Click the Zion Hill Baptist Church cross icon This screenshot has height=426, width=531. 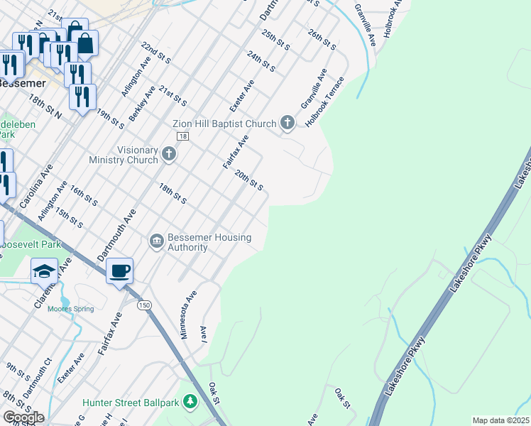tap(288, 124)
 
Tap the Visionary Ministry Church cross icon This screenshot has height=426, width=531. tap(168, 153)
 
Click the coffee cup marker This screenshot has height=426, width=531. tap(119, 271)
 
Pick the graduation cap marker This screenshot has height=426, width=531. tap(44, 271)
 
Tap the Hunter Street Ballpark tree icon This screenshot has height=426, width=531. tap(190, 403)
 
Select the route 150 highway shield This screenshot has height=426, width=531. tap(145, 305)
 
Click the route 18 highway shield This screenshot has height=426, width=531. tap(183, 136)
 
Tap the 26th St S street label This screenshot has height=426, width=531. tap(322, 39)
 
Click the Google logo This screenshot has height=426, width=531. tap(23, 417)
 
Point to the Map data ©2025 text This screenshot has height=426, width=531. tap(500, 420)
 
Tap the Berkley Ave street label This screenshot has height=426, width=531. tap(141, 104)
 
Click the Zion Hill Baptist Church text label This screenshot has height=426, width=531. tap(224, 124)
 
